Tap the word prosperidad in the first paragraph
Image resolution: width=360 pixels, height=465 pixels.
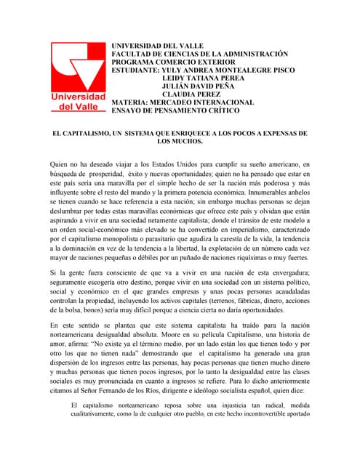click(x=108, y=175)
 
